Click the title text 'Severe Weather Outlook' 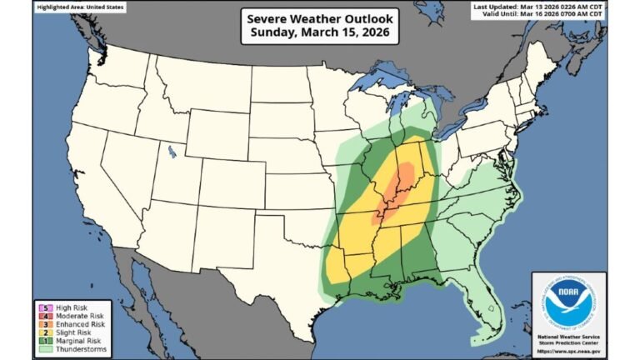320,17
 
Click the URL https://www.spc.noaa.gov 568,352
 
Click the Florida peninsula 487,308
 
